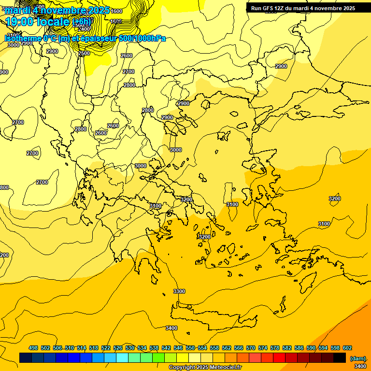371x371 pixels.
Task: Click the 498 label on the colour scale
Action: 33,348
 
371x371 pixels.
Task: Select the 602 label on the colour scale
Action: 347,348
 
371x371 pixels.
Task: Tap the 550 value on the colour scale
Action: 190,348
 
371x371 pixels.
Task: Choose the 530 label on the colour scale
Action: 130,348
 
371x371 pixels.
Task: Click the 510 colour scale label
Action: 70,348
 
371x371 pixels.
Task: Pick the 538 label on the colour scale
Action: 154,348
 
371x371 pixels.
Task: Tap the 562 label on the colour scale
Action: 227,348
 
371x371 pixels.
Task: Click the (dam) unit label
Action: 357,358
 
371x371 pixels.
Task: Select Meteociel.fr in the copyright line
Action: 225,368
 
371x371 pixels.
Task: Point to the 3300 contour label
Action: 179,291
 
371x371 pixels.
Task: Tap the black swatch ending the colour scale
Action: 340,358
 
